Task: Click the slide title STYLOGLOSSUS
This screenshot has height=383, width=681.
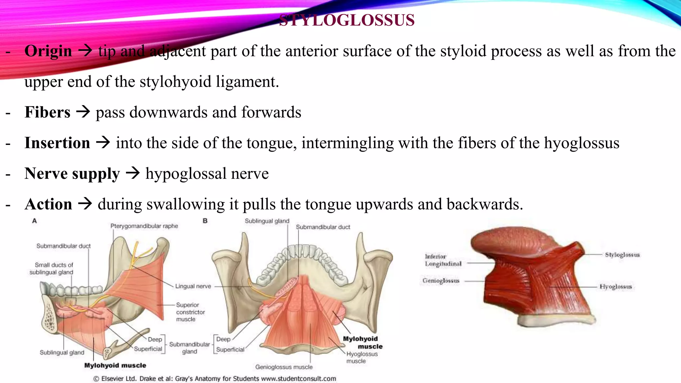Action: tap(347, 20)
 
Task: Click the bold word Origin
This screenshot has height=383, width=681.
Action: tap(48, 51)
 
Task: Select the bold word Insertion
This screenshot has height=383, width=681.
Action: tap(57, 143)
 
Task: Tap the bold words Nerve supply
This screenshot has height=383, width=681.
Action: tap(72, 174)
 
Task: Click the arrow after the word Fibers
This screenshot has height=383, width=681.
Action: tap(83, 112)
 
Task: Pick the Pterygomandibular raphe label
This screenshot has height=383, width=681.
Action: tap(144, 226)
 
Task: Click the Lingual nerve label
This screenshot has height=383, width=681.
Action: tap(193, 286)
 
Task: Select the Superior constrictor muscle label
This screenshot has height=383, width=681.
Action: tap(190, 312)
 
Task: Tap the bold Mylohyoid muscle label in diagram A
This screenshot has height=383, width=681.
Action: tap(115, 365)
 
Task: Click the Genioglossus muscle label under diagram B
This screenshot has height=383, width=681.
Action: tap(284, 367)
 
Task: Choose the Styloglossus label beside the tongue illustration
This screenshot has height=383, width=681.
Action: tap(622, 255)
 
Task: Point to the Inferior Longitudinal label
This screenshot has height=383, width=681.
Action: tap(443, 260)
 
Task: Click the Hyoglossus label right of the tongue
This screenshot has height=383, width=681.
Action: tap(615, 287)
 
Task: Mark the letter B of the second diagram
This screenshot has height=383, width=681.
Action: tap(205, 221)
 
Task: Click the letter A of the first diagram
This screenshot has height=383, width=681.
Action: tap(34, 221)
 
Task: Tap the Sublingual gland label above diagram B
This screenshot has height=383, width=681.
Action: tap(267, 221)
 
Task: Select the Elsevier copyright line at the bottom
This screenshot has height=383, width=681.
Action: tap(214, 378)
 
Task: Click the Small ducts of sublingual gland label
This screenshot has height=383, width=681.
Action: tap(52, 269)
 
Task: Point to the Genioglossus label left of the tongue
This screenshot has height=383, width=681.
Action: tap(441, 281)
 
